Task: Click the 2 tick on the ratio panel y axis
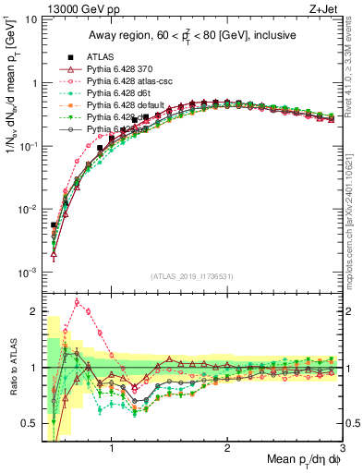[33, 310]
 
